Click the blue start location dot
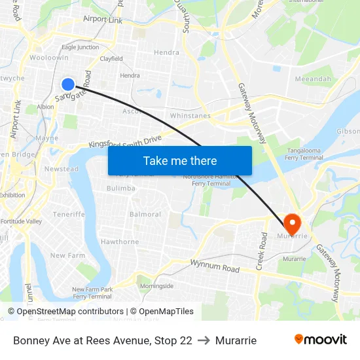[x=68, y=84]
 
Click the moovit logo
[x=320, y=340]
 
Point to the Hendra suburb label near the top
[x=166, y=52]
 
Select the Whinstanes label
[x=190, y=116]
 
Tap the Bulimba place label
[x=121, y=189]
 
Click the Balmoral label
[x=145, y=215]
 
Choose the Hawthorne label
[x=120, y=242]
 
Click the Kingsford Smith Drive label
[x=124, y=141]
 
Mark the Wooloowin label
[x=48, y=58]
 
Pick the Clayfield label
[x=111, y=59]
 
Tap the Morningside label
[x=156, y=286]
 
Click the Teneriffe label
[x=69, y=214]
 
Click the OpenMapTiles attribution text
[x=162, y=312]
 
